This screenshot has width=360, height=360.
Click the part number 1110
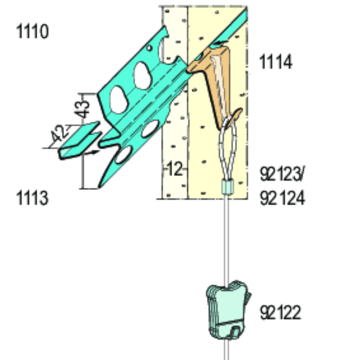(x=32, y=32)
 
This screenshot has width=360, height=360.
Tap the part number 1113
(x=32, y=198)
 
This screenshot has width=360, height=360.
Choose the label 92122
(x=280, y=313)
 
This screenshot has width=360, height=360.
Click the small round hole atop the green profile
(x=149, y=48)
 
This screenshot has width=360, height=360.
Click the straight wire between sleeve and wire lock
(x=227, y=237)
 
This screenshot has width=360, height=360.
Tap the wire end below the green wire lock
(x=227, y=350)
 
